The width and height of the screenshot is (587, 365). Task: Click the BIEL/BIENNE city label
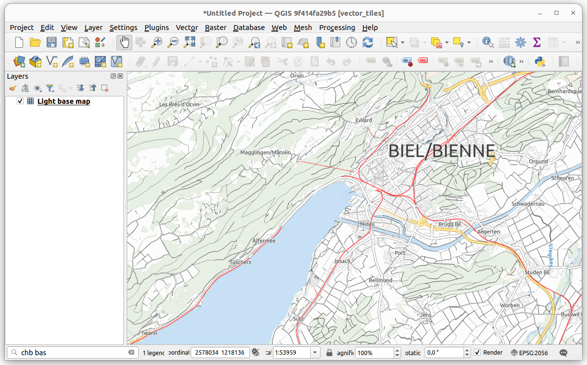pyautogui.click(x=441, y=151)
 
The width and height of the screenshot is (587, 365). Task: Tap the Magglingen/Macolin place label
pyautogui.click(x=265, y=152)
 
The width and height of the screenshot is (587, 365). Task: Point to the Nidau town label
pyautogui.click(x=367, y=224)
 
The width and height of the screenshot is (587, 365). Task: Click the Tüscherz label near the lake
pyautogui.click(x=240, y=262)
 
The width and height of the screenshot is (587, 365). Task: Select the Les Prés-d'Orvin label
pyautogui.click(x=179, y=105)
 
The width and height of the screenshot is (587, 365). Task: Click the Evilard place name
pyautogui.click(x=363, y=120)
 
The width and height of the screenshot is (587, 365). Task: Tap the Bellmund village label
pyautogui.click(x=380, y=280)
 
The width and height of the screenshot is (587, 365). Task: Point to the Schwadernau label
pyautogui.click(x=528, y=204)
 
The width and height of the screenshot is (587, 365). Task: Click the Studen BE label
pyautogui.click(x=537, y=273)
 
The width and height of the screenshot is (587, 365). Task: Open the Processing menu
pyautogui.click(x=337, y=28)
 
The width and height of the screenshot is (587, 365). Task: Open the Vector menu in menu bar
pyautogui.click(x=187, y=28)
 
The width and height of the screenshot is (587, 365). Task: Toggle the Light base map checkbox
pyautogui.click(x=20, y=101)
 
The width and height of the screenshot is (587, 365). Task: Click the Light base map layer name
pyautogui.click(x=63, y=101)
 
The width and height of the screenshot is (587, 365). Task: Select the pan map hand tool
pyautogui.click(x=124, y=43)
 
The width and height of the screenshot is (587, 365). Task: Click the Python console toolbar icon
pyautogui.click(x=539, y=61)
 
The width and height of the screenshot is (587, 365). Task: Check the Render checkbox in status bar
pyautogui.click(x=477, y=353)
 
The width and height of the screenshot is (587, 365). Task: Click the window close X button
pyautogui.click(x=572, y=13)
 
